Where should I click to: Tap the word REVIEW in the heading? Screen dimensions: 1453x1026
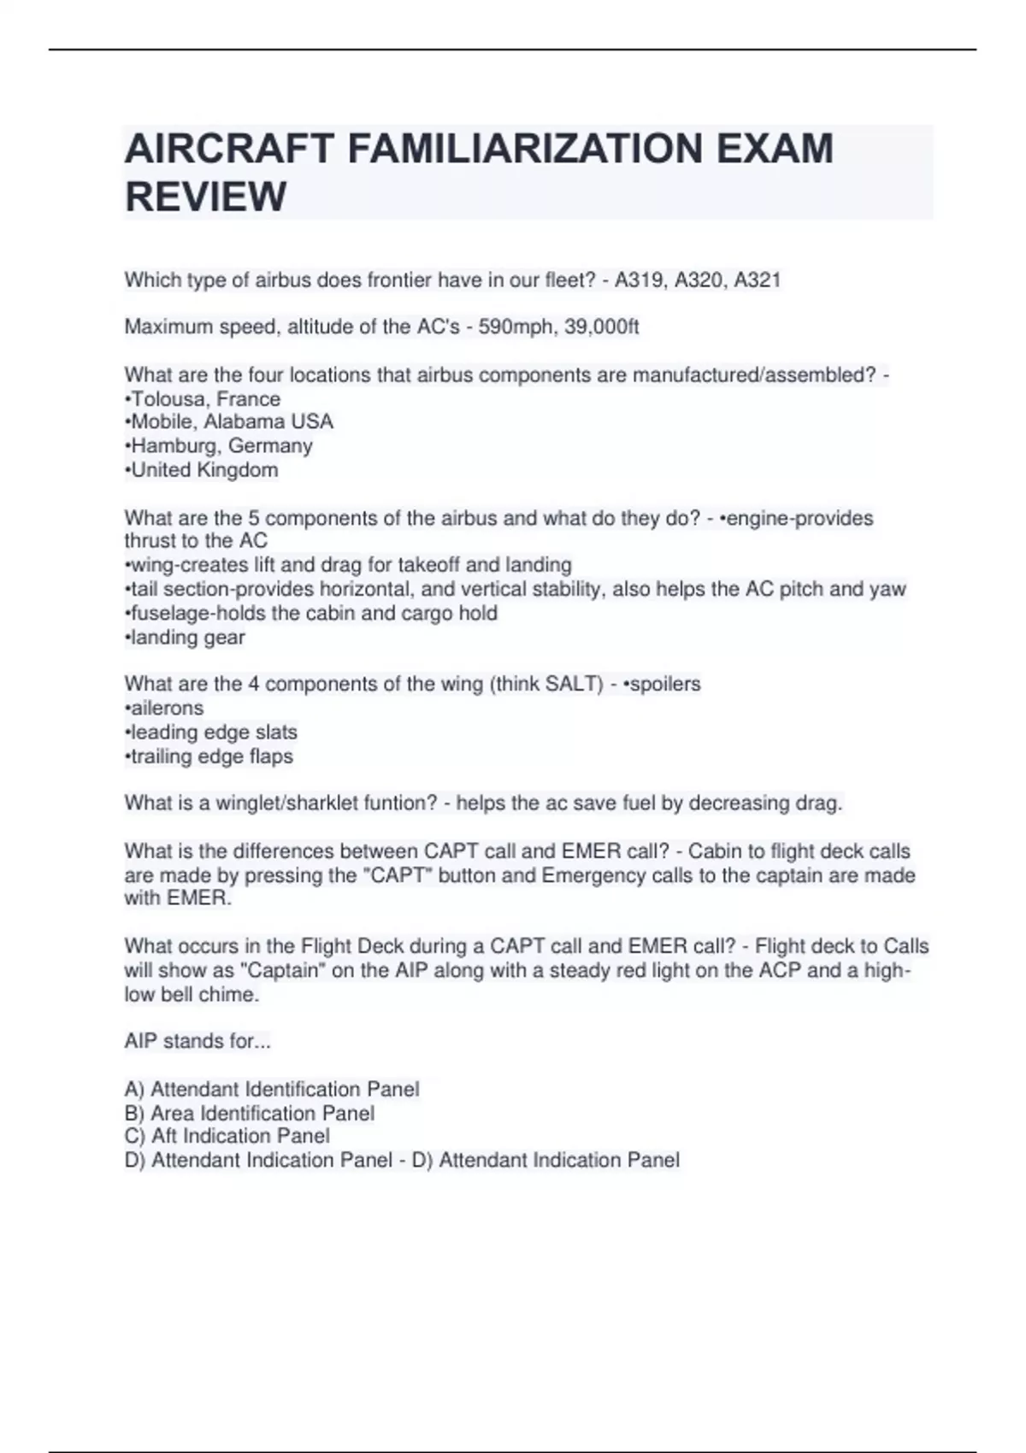pyautogui.click(x=205, y=197)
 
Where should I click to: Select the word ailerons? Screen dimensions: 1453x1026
pyautogui.click(x=166, y=708)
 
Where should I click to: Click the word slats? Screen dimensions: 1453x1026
pyautogui.click(x=276, y=732)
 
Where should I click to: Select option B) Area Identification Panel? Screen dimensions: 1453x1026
pyautogui.click(x=249, y=1113)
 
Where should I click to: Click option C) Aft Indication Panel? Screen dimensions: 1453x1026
pyautogui.click(x=227, y=1136)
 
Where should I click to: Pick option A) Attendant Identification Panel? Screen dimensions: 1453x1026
pyautogui.click(x=271, y=1089)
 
